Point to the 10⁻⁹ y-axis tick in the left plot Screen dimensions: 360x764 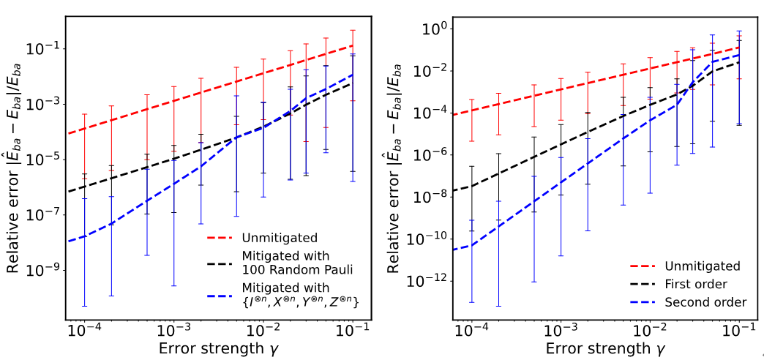point(45,271)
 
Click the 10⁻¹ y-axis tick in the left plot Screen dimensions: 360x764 point(45,49)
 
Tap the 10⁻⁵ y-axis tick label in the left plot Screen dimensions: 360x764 point(45,160)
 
